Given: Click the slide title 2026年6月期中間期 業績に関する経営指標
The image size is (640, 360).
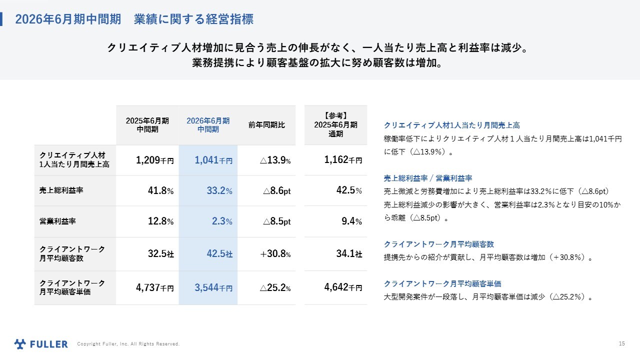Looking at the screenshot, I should coord(134,19).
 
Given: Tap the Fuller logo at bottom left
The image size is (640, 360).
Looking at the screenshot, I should coord(41,344).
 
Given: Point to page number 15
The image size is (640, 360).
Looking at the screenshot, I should coord(621,343).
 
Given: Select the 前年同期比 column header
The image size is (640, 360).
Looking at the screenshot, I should coord(266,125).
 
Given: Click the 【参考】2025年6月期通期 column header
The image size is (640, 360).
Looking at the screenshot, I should coord(335,125).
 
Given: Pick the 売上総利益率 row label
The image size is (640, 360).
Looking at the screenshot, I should coord(58,190).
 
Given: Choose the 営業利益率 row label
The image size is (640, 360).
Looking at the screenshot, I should coord(54,221).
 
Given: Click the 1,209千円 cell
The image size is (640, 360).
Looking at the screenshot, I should coord(154,160).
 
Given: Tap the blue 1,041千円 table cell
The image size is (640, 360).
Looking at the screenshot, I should coord(213,160).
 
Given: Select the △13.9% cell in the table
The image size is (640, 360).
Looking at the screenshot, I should coord(275,160).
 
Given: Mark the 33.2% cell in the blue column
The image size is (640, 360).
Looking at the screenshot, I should coord(219,191).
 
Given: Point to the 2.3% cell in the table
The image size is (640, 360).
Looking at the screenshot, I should coord(222,221).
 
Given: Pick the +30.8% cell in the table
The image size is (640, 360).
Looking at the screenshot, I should coord(275,254).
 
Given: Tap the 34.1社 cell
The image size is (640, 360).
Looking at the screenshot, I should coord(349,254).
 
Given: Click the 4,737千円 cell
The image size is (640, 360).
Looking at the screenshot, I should coord(154,288).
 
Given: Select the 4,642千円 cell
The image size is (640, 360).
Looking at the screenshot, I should coord(343,288).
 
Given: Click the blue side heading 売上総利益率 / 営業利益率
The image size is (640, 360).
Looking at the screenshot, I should coord(428,178).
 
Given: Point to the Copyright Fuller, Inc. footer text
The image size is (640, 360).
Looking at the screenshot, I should coord(128,344).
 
